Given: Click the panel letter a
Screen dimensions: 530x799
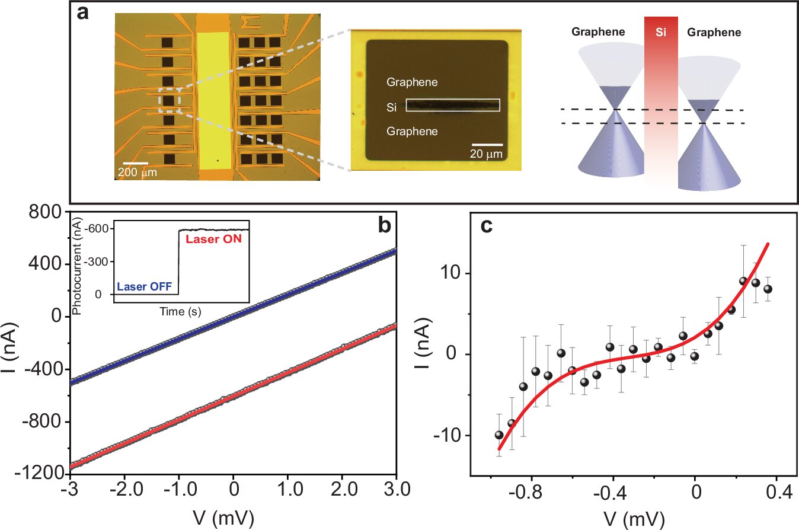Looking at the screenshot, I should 84,13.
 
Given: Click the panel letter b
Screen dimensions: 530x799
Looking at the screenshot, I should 384,225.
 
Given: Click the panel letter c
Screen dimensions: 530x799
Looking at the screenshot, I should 487,227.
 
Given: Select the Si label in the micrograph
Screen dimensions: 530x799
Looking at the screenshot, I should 392,107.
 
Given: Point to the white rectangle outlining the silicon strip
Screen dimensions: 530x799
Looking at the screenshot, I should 453,106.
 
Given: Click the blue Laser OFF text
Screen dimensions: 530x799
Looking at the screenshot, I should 145,287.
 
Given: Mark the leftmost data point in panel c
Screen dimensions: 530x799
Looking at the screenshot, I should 499,435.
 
